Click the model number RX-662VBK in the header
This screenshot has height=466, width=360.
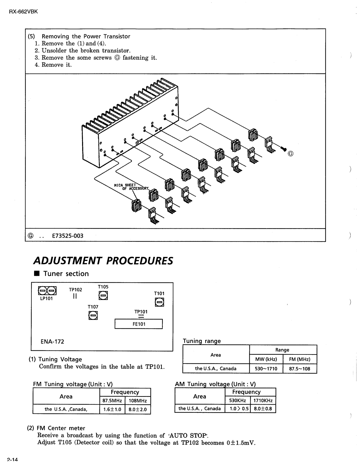(x=24, y=12)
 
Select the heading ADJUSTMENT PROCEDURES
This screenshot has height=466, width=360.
(x=103, y=261)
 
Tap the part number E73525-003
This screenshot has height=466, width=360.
(x=68, y=236)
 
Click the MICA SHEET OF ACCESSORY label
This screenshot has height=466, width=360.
(x=131, y=187)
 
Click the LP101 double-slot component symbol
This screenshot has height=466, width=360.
(x=47, y=291)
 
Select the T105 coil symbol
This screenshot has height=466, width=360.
(x=103, y=296)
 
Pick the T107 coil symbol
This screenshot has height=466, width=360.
(x=93, y=315)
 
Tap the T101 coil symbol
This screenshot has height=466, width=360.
(x=159, y=302)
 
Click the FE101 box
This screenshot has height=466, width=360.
(x=139, y=324)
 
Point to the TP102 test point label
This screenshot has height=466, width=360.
(x=75, y=290)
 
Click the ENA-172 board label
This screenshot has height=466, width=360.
(x=52, y=341)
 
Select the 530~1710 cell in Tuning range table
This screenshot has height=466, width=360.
(x=266, y=369)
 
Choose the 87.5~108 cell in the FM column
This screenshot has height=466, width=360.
(x=299, y=369)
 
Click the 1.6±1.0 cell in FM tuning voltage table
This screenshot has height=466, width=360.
(x=112, y=409)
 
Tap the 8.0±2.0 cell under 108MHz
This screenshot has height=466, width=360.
(x=138, y=409)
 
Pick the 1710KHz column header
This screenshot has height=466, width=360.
(x=263, y=400)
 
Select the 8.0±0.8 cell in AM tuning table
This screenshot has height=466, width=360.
(x=263, y=409)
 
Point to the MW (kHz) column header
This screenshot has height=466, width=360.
(x=266, y=359)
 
